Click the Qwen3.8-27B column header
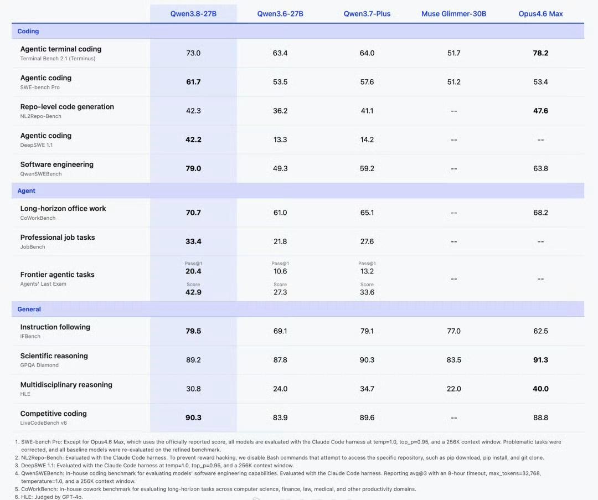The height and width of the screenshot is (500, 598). (193, 14)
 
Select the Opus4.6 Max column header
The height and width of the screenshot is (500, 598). (540, 14)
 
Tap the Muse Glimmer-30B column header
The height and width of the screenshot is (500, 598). (454, 14)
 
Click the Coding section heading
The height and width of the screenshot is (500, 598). (28, 31)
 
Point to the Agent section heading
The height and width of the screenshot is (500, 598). (27, 190)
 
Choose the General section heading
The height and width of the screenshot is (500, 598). (29, 310)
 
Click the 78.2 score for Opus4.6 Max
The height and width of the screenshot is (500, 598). (540, 53)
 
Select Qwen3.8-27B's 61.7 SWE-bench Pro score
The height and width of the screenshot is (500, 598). (193, 82)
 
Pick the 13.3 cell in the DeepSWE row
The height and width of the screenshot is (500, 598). (280, 140)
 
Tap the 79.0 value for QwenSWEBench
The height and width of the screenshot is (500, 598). (193, 168)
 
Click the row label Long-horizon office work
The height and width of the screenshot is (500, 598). (63, 209)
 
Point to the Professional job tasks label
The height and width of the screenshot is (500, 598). (58, 237)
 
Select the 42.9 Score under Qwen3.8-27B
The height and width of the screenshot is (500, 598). (193, 292)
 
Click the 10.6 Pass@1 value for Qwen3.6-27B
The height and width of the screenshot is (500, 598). (280, 271)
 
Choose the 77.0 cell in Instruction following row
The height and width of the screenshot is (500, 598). (454, 331)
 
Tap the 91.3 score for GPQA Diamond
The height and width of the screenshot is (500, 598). (540, 360)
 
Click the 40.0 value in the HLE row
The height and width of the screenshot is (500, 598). (540, 389)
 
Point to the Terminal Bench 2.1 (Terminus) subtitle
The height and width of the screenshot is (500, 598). (58, 58)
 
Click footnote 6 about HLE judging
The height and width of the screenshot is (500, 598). (49, 497)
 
